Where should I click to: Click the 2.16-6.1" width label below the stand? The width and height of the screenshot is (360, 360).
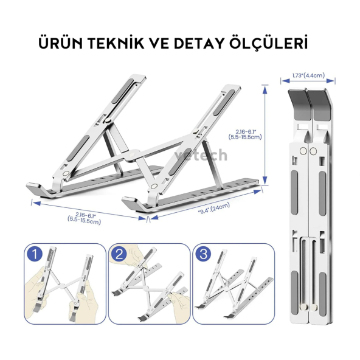pyautogui.click(x=85, y=216)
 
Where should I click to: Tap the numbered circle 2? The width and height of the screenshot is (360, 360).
pyautogui.click(x=120, y=255)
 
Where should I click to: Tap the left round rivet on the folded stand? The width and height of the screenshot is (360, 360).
pyautogui.click(x=303, y=150)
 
